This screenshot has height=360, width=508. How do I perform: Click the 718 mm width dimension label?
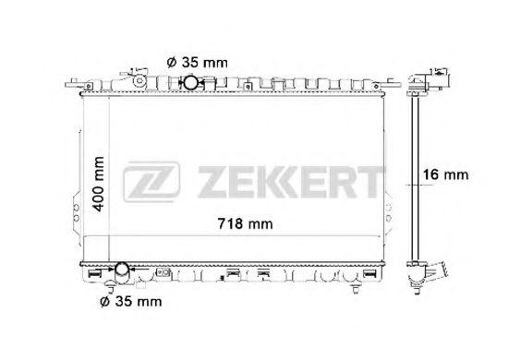tap(245, 223)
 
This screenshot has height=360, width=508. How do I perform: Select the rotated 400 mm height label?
tap(99, 184)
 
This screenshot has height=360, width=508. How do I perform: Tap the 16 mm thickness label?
tap(445, 174)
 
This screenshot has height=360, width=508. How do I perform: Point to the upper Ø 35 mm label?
tap(198, 62)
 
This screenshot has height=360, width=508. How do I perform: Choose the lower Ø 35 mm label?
tap(131, 302)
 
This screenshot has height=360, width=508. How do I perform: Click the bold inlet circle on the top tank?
tap(190, 82)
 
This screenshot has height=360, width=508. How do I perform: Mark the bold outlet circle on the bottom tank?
tap(122, 269)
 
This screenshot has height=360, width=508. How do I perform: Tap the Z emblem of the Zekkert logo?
tap(151, 181)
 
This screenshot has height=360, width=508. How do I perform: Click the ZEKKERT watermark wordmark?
tap(290, 182)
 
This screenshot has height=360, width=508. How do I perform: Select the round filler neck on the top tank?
tap(139, 80)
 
